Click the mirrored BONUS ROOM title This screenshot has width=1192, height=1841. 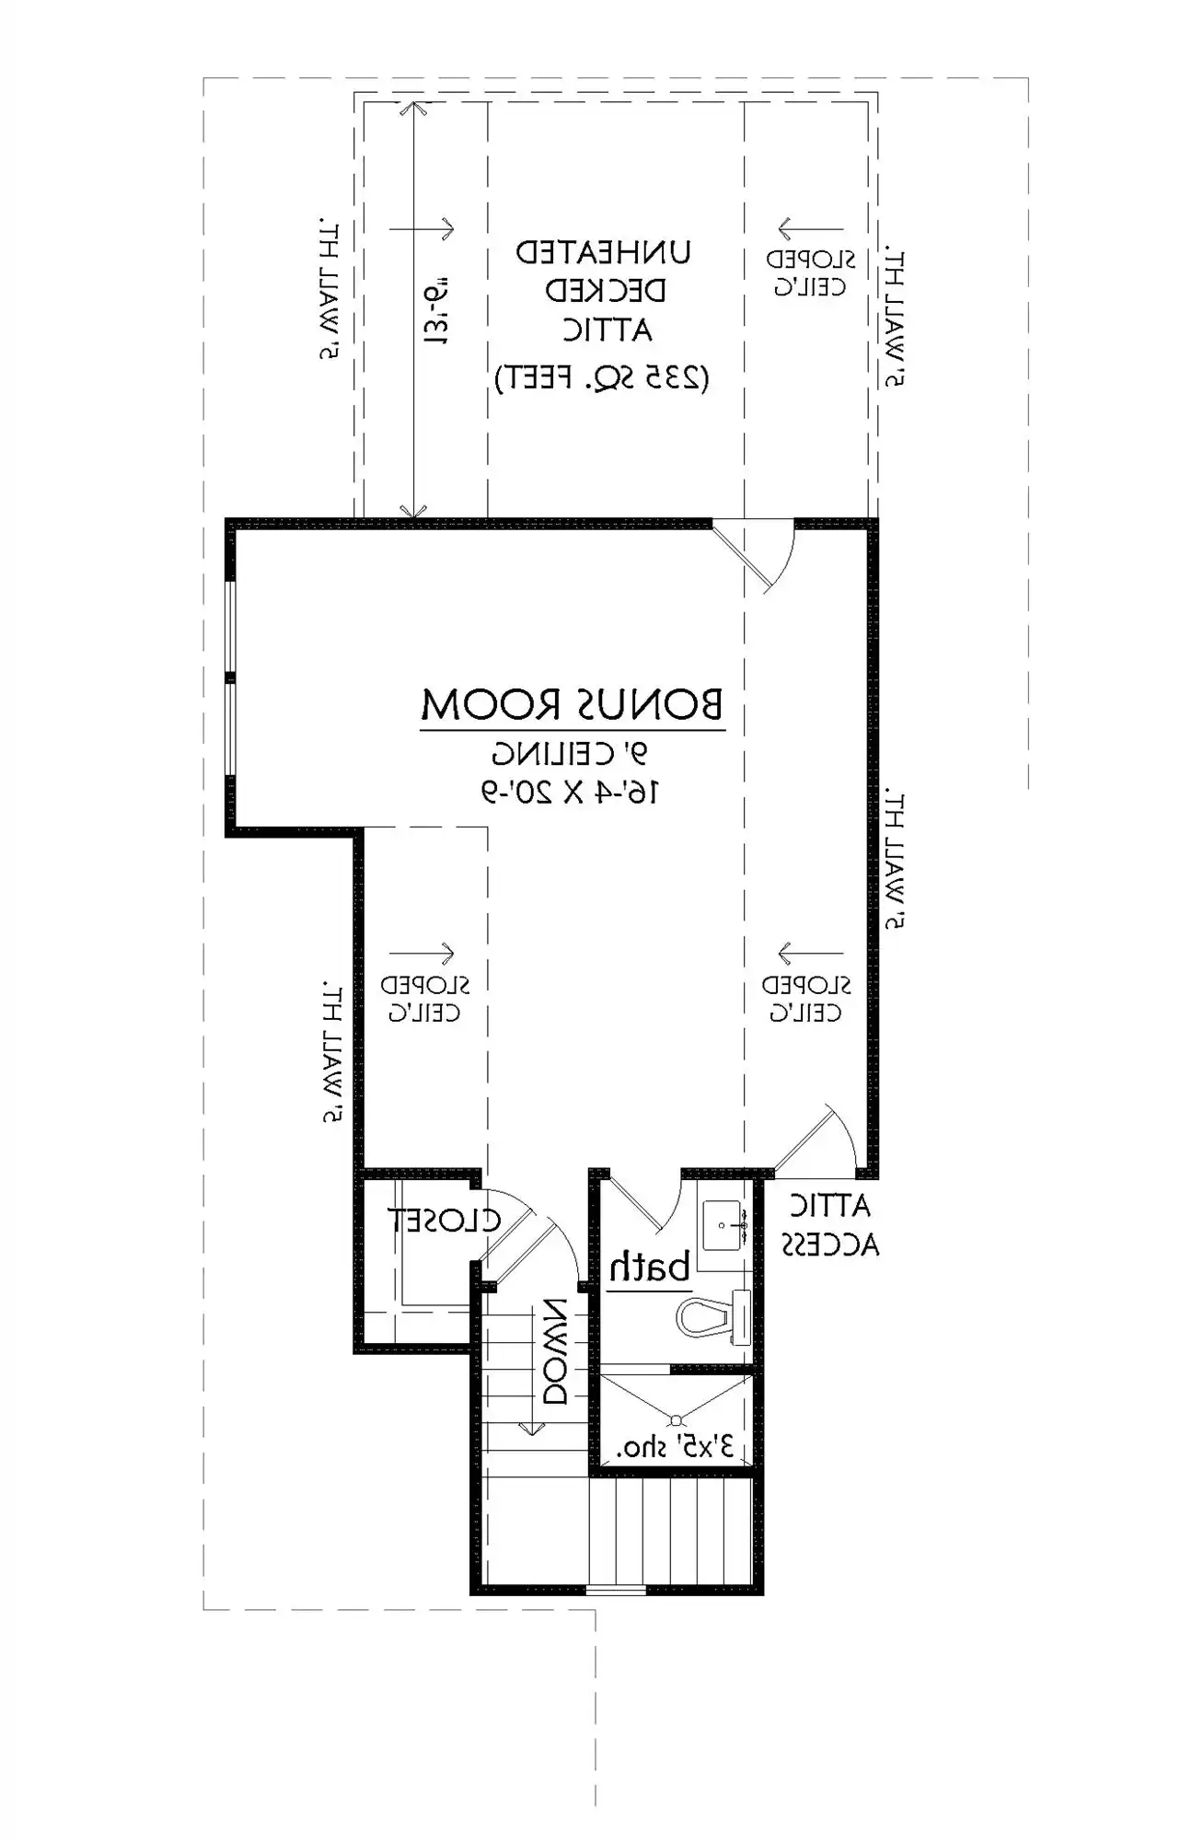tap(573, 704)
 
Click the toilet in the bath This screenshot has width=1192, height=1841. tap(713, 1317)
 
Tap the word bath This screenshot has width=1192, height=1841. tap(650, 1268)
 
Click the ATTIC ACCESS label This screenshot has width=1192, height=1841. tap(830, 1225)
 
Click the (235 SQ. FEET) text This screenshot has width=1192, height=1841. tap(602, 377)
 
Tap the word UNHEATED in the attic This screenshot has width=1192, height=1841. tap(603, 252)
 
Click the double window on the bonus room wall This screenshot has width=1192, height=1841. tap(230, 678)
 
